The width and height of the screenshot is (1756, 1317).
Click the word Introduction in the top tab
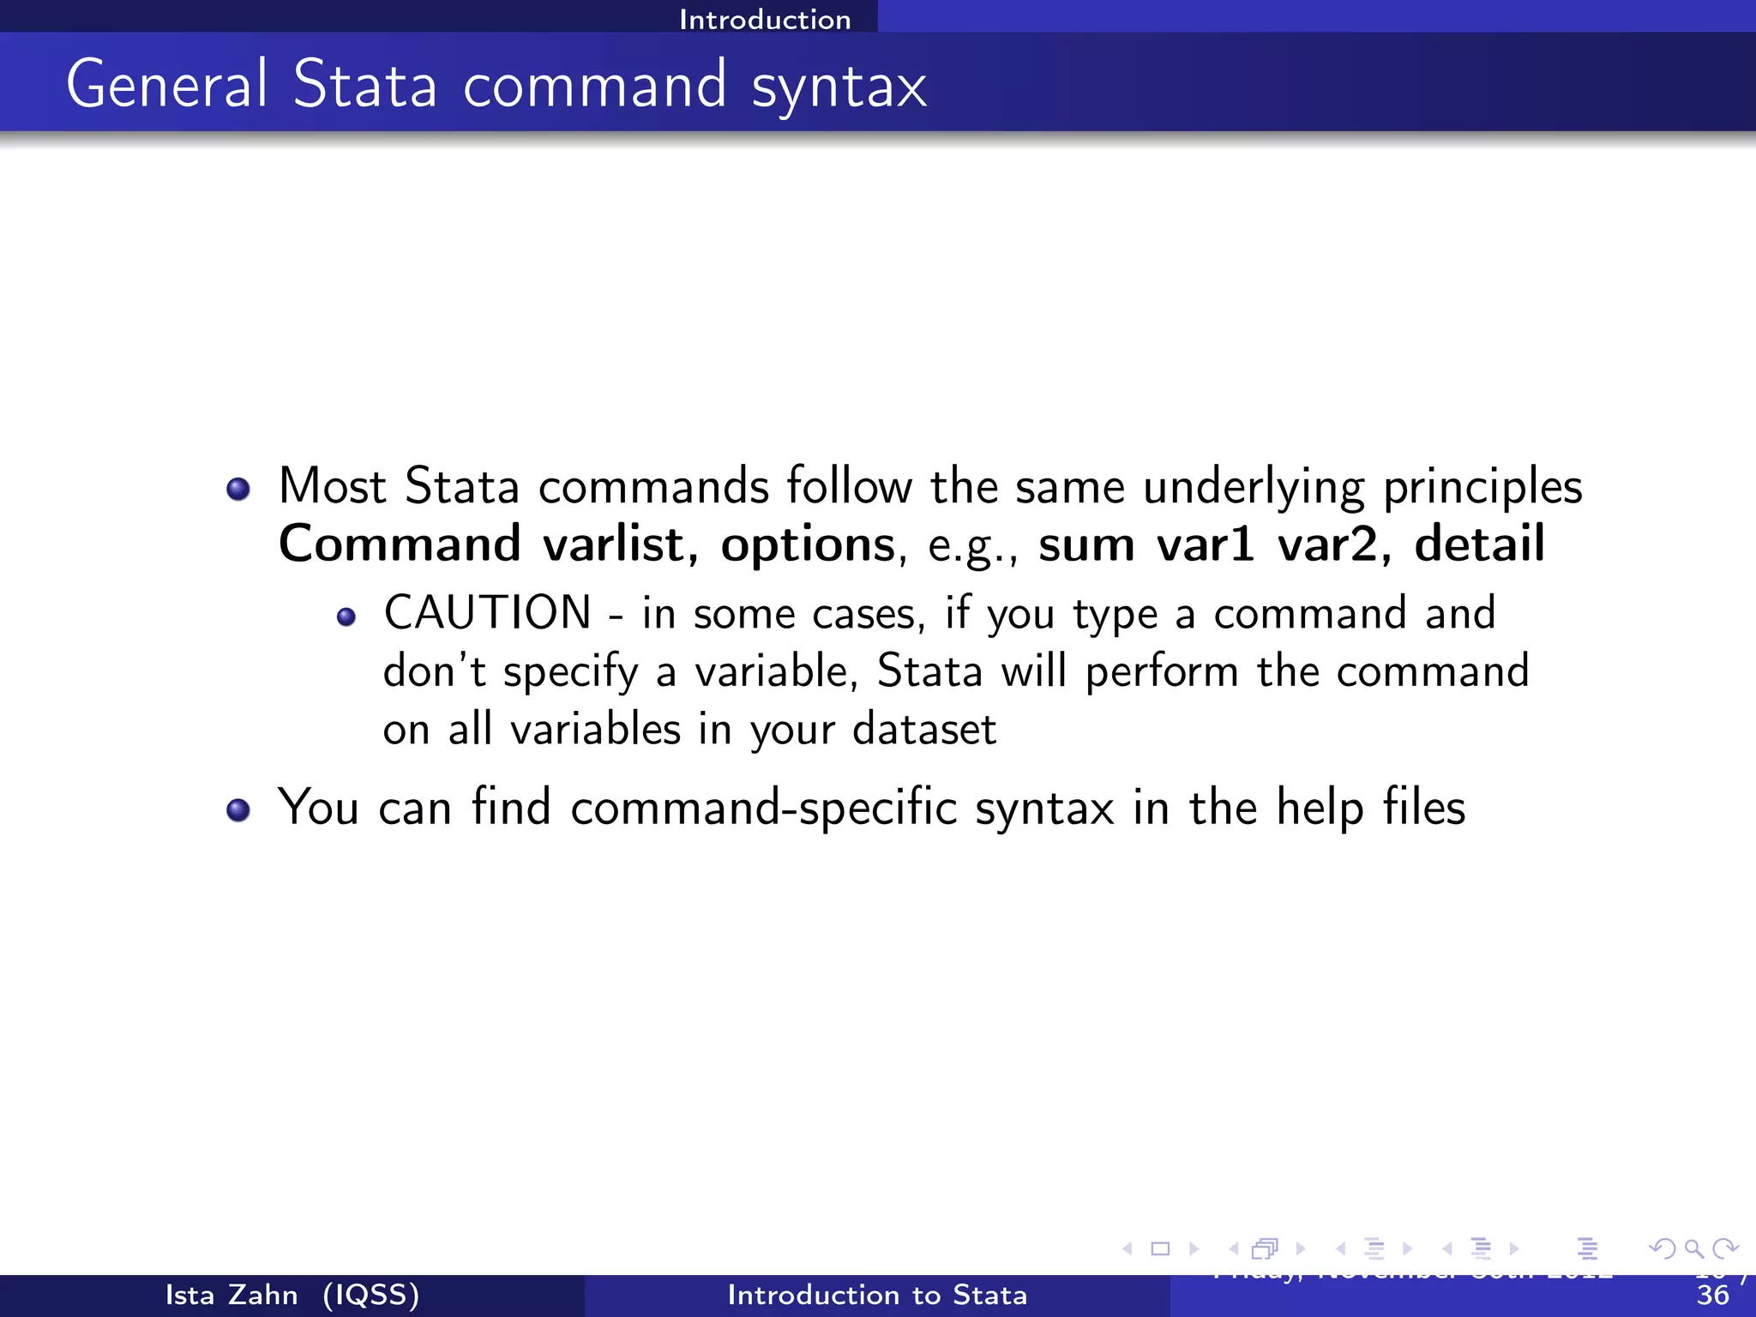click(765, 19)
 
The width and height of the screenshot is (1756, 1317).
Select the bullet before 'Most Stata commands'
click(238, 490)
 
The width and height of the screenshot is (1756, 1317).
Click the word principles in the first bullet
click(1482, 488)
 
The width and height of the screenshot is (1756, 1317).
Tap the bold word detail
click(1479, 544)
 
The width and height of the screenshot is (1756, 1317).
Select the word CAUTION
click(487, 613)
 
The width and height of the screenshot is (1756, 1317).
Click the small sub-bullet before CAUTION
click(346, 617)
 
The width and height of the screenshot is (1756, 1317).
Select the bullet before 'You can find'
click(238, 810)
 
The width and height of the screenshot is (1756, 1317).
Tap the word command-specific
click(763, 809)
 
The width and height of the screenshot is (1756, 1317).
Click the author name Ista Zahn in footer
click(232, 1295)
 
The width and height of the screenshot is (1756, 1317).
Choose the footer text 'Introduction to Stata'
click(877, 1295)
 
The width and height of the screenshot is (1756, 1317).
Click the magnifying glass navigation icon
click(1693, 1248)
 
